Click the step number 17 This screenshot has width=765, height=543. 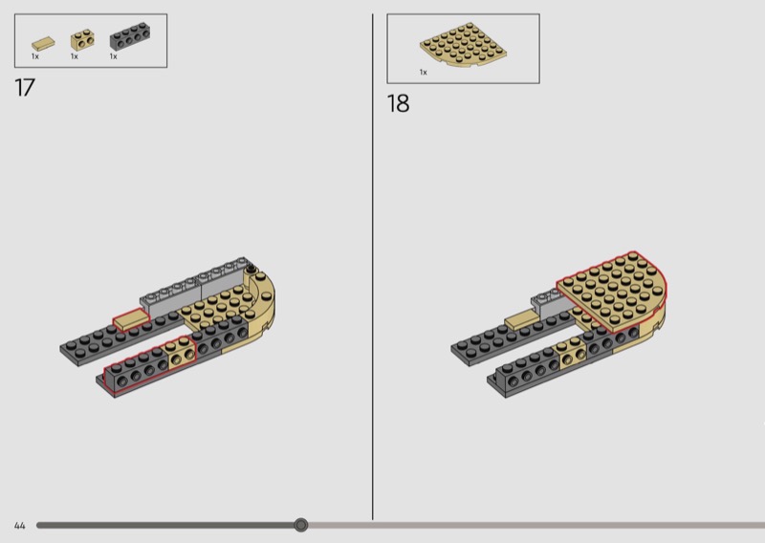click(25, 88)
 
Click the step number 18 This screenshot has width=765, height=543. click(398, 103)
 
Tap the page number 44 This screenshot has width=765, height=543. click(19, 526)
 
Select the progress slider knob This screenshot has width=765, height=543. click(301, 525)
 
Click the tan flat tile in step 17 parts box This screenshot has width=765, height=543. click(43, 44)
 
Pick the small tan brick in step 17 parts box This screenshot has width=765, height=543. click(82, 40)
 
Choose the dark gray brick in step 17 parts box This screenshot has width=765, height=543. click(130, 35)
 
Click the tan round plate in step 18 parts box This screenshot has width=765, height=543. click(463, 44)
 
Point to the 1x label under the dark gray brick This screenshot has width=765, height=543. click(113, 56)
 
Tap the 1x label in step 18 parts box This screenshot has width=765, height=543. click(423, 73)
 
